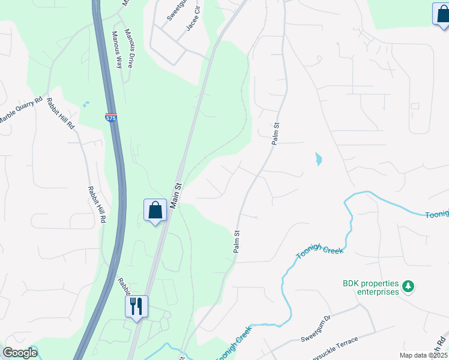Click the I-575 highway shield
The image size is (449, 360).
(x=111, y=117)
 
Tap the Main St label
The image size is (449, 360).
(x=175, y=196)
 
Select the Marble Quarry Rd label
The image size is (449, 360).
(x=21, y=109)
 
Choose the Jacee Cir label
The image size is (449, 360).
(x=193, y=25)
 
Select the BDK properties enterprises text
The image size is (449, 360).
(x=370, y=287)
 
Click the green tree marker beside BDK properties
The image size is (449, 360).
(x=408, y=286)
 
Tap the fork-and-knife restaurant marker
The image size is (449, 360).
(x=137, y=306)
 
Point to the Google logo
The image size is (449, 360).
(x=19, y=353)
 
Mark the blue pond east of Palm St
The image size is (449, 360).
(x=318, y=160)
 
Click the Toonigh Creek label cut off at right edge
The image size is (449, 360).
(x=437, y=215)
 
